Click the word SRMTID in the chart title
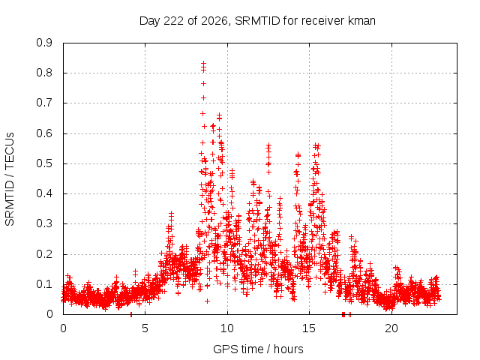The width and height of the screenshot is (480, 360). [257, 21]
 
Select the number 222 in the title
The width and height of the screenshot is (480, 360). [174, 21]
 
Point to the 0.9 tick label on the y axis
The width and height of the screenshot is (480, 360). [44, 43]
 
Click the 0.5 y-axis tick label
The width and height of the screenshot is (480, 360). [44, 163]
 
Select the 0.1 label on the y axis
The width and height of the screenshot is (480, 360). [44, 284]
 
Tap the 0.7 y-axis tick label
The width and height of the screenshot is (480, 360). [44, 103]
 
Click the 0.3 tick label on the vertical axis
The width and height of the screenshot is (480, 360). [44, 223]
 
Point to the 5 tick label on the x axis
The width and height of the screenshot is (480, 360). [145, 328]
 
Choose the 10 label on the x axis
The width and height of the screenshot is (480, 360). [227, 328]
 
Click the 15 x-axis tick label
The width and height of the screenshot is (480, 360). [309, 328]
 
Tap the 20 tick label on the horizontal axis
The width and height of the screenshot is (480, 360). [391, 328]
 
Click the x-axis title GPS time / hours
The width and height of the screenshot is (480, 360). [258, 349]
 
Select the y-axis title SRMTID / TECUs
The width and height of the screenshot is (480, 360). [10, 179]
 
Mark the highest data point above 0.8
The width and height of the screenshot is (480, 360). [203, 63]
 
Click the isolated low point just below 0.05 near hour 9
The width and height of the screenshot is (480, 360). [207, 301]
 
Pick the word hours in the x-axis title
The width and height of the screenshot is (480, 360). [288, 349]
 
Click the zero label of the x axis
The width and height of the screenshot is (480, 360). [63, 328]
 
